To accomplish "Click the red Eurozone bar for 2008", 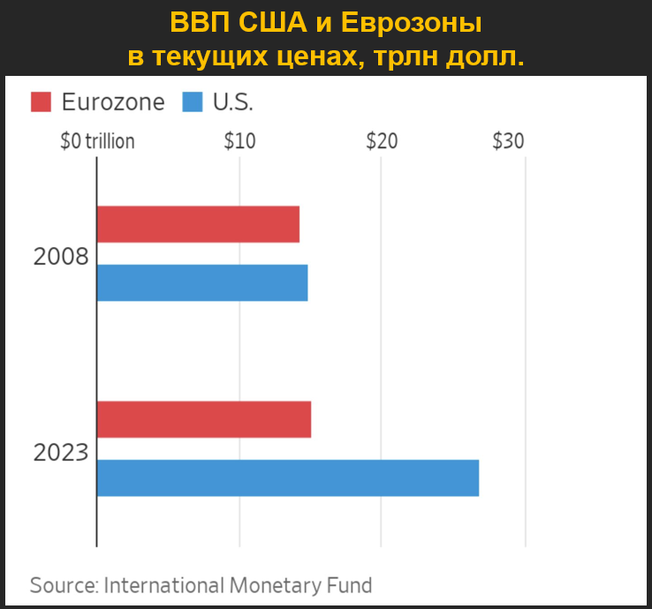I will (198, 223).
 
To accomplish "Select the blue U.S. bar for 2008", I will (202, 282).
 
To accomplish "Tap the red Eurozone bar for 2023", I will (204, 419).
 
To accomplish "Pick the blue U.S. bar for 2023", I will (288, 477).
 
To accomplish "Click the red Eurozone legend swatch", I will (42, 102).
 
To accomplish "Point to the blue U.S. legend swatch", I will (193, 102).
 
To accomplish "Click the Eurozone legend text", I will (113, 102).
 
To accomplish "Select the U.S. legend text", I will (233, 102).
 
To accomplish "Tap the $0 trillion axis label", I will (97, 140).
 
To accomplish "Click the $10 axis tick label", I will (239, 140).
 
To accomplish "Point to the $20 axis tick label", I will (382, 140).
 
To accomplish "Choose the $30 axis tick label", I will (508, 140).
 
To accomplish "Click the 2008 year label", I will (61, 257).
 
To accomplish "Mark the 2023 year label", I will (61, 453).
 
